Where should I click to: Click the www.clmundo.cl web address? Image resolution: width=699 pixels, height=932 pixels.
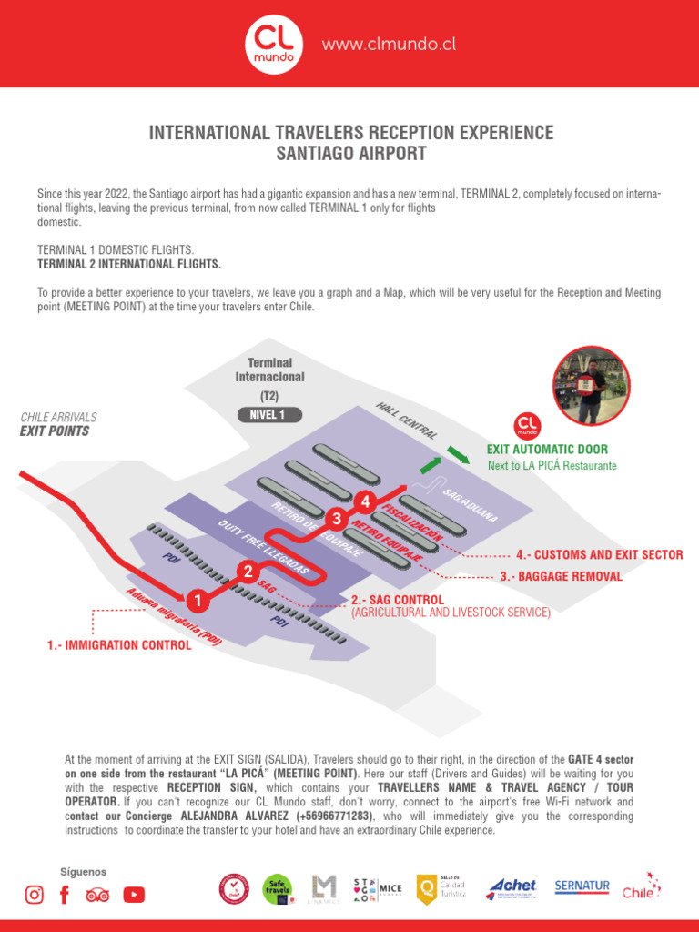389,45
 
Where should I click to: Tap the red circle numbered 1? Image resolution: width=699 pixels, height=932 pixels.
196,601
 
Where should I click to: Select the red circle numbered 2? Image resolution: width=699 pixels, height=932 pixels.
247,572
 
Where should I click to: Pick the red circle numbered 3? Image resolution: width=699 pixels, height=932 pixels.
337,519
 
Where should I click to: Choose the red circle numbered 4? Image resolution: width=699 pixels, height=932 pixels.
366,501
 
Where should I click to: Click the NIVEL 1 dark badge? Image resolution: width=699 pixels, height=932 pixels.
268,415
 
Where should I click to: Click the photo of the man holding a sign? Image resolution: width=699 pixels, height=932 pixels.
592,387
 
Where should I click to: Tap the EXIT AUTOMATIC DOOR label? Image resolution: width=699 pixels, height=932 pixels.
547,450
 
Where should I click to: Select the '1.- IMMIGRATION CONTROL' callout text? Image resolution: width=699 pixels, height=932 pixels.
119,645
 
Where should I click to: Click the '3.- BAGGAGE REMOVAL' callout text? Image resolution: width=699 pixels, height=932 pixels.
561,576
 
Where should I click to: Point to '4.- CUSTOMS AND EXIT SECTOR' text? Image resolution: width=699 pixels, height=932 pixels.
599,554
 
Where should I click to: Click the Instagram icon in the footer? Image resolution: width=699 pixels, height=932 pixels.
34,895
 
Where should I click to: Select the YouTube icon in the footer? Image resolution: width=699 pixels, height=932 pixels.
134,895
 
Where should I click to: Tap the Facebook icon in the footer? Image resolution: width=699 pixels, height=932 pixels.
64,895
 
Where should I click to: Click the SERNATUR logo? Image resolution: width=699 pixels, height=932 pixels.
582,886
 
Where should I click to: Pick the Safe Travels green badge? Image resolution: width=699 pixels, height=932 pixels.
278,889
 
